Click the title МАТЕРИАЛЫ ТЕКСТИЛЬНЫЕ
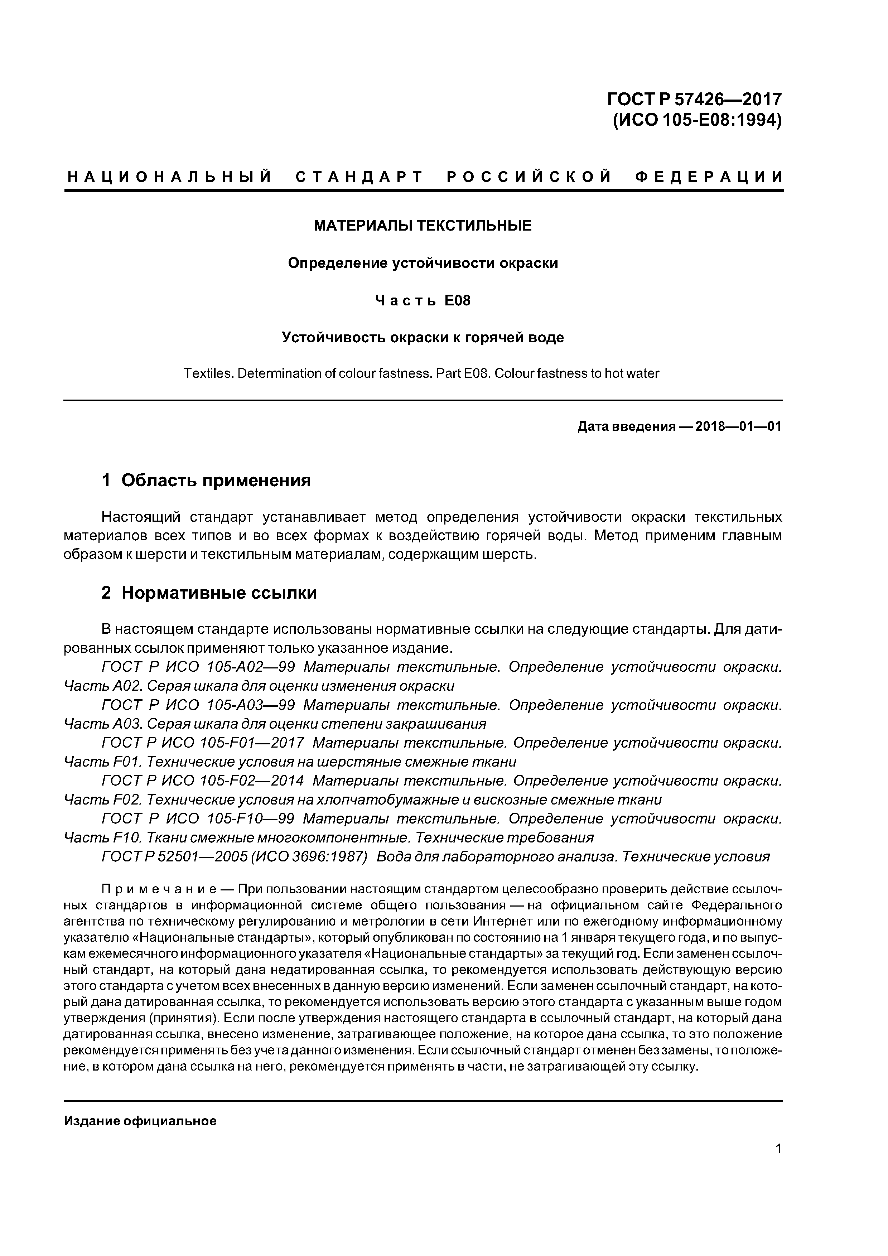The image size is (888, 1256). pos(423,225)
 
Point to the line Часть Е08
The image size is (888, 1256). pos(423,300)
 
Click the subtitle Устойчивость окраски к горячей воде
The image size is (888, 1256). pos(423,338)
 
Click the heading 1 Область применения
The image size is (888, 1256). pos(206,480)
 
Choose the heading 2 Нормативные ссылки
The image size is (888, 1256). pos(209,593)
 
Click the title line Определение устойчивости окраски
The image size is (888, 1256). pos(423,263)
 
